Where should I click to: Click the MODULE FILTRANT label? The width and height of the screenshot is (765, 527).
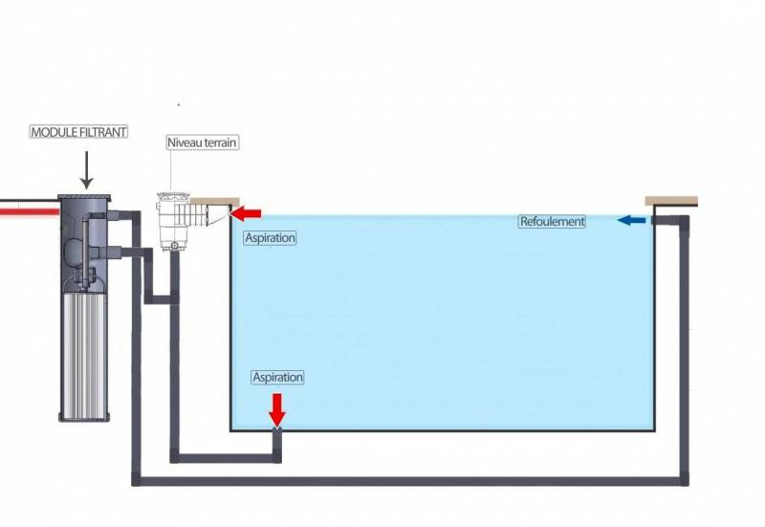(x=78, y=132)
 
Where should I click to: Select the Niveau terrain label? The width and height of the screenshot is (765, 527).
(x=202, y=143)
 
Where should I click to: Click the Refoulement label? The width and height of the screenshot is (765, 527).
(x=552, y=222)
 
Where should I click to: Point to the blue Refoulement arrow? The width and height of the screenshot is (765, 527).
(x=631, y=221)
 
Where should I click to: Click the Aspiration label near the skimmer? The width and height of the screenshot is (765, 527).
(x=270, y=238)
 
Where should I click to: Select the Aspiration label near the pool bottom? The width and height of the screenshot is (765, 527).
(x=277, y=378)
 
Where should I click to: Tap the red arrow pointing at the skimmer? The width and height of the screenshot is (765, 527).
(x=247, y=212)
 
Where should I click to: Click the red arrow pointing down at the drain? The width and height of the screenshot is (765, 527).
(x=277, y=409)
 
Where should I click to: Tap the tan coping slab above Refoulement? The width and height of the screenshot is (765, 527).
(x=671, y=201)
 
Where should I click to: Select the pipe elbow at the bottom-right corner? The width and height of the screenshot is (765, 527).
(x=683, y=479)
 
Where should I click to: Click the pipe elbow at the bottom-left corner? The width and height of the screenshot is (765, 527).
(x=137, y=479)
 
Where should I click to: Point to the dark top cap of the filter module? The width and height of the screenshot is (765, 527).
(x=85, y=199)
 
